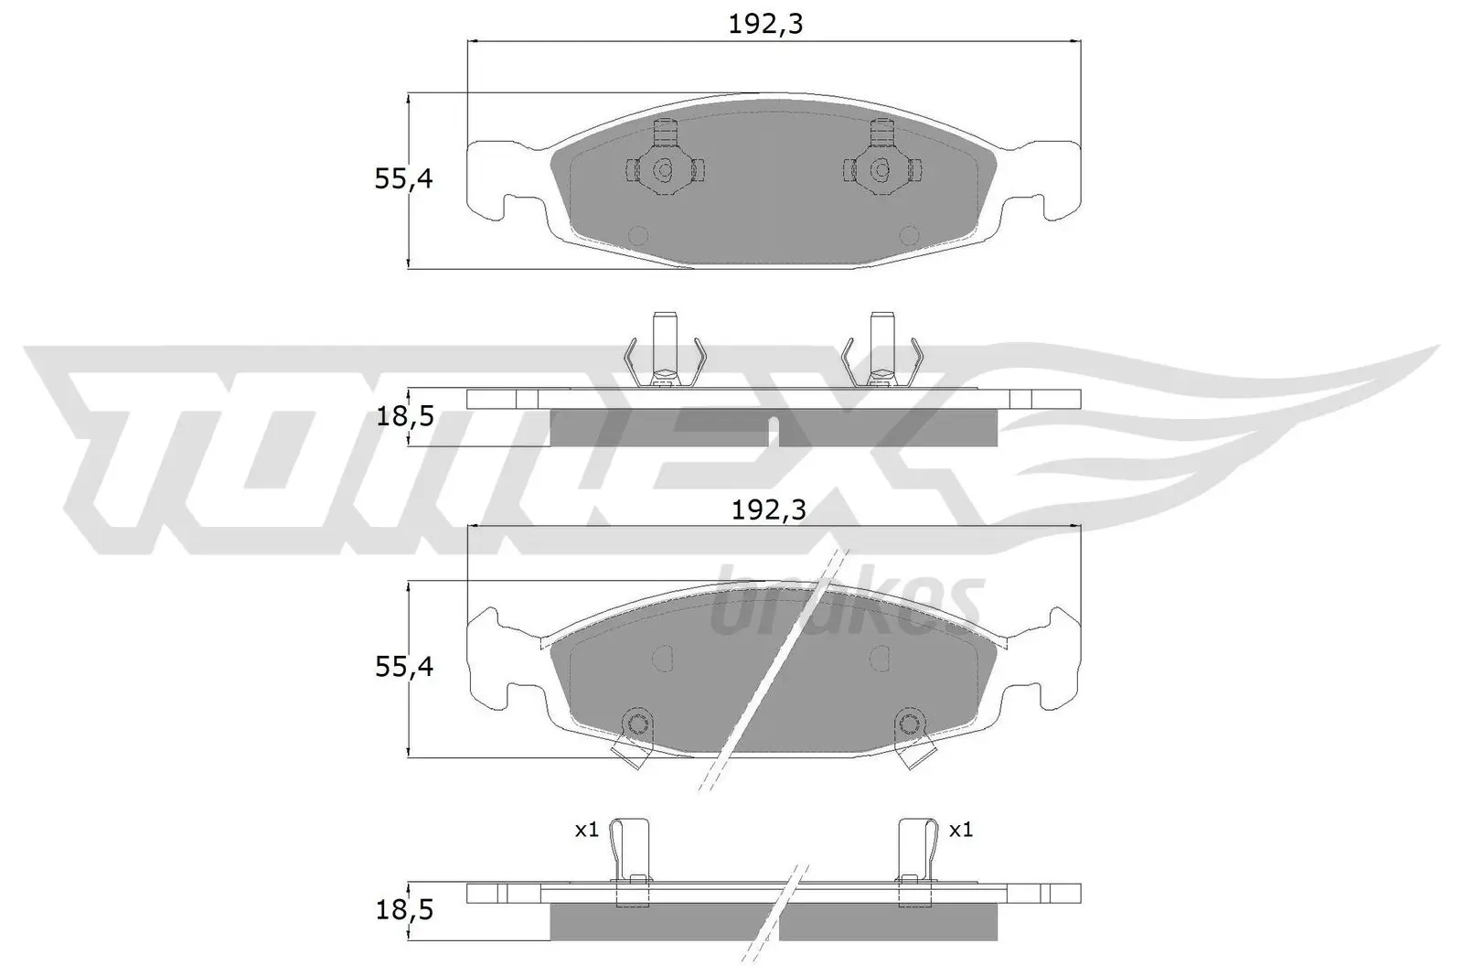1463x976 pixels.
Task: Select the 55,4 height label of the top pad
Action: point(403,179)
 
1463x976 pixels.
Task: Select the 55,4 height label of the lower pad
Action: point(403,667)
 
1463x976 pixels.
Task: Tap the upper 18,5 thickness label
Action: point(403,418)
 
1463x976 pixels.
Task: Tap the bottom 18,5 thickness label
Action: point(403,910)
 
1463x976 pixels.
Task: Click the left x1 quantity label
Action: point(586,830)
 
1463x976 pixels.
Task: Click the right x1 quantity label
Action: point(961,830)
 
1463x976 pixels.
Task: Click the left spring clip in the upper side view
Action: point(665,353)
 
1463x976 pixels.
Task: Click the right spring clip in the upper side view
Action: point(881,353)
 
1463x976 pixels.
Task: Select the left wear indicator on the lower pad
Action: point(635,737)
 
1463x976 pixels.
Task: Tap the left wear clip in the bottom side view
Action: point(633,860)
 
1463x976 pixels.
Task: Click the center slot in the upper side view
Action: point(774,430)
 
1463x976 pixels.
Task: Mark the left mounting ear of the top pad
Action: point(499,178)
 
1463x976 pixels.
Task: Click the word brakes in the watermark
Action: point(846,604)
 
